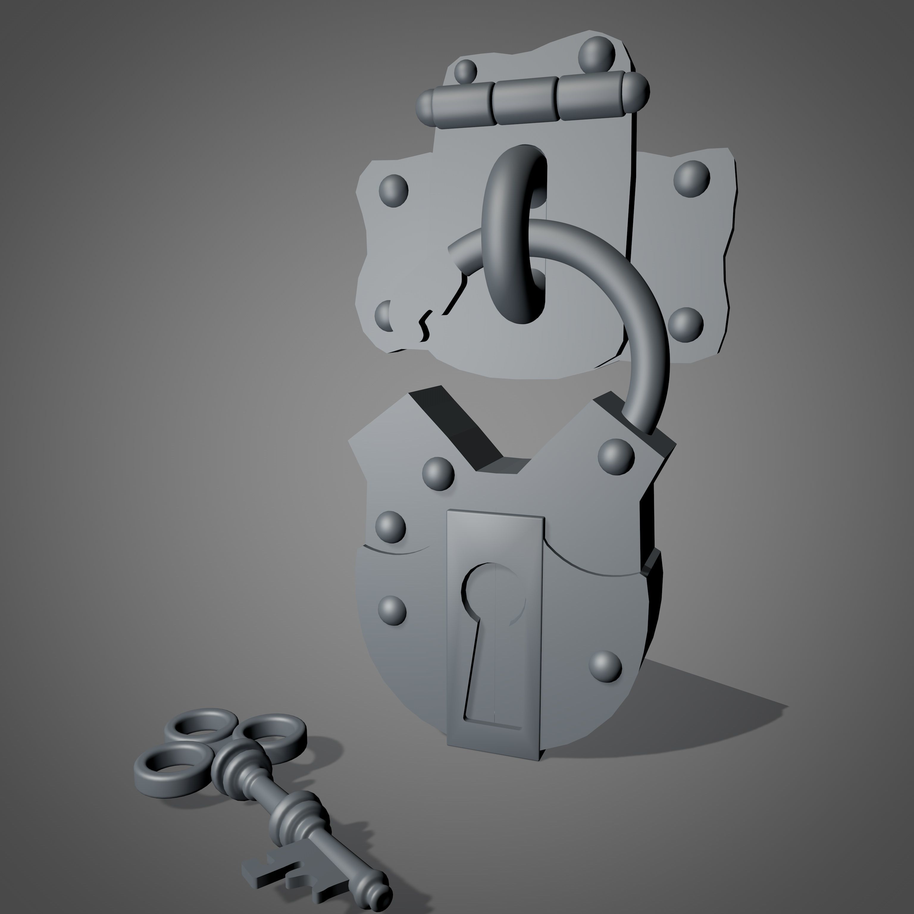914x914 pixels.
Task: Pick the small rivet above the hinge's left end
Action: point(466,70)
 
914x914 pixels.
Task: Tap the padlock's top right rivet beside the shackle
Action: point(616,456)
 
